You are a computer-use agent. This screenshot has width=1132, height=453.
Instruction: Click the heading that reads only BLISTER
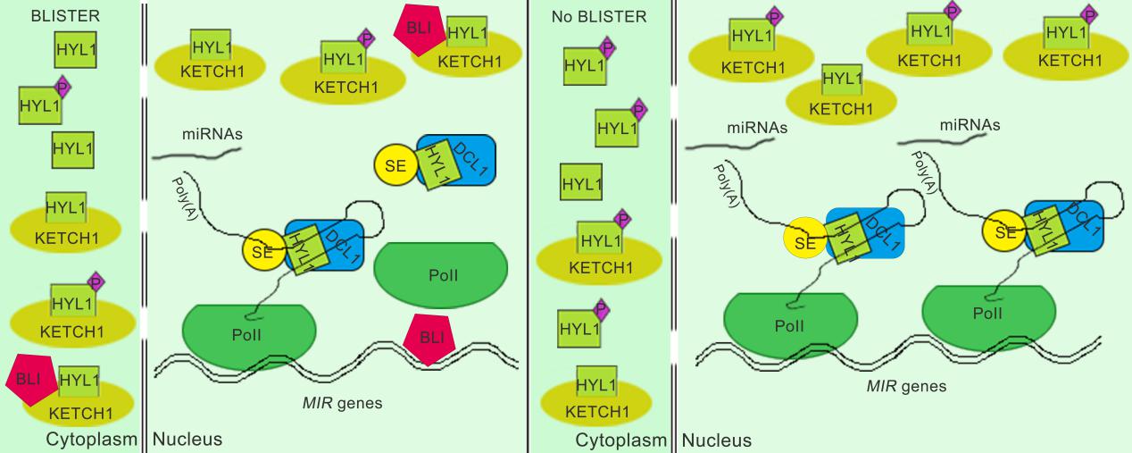[x=64, y=15]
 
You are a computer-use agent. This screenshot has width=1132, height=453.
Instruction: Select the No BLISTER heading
[x=598, y=15]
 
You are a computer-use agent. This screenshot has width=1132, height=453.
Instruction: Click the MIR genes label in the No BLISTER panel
[x=906, y=387]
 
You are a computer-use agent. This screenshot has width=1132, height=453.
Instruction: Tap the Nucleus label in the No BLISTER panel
[x=716, y=440]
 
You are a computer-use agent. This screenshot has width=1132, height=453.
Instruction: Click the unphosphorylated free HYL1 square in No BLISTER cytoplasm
[x=581, y=183]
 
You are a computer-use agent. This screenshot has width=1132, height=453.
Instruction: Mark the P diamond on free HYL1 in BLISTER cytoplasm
[x=62, y=88]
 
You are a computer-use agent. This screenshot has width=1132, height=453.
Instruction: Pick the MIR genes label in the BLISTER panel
[x=342, y=402]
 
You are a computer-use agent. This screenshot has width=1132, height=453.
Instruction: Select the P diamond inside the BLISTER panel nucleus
[x=366, y=38]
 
